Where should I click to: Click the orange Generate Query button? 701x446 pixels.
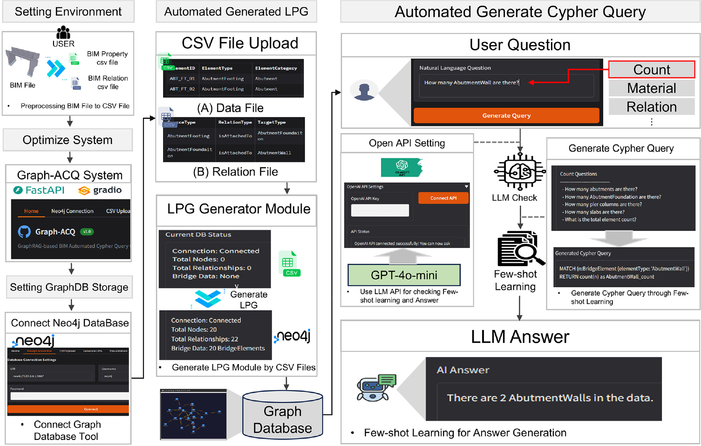[x=506, y=116]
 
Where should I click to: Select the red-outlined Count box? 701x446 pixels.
[x=652, y=70]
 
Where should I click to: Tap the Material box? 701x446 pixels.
[x=652, y=88]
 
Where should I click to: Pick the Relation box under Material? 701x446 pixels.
[x=652, y=107]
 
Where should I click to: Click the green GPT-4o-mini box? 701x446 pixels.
[x=404, y=275]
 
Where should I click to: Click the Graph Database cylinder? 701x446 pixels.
[x=282, y=415]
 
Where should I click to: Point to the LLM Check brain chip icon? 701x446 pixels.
[x=520, y=172]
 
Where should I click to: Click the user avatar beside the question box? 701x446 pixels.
[x=365, y=91]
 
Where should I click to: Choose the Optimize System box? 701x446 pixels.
[x=68, y=140]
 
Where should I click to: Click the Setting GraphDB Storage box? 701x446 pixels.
[x=69, y=287]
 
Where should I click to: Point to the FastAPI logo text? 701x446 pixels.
[x=40, y=190]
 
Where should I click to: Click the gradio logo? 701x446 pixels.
[x=100, y=190]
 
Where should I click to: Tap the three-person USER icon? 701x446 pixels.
[x=63, y=33]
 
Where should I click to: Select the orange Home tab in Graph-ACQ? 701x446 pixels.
[x=31, y=211]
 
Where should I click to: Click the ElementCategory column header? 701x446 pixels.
[x=276, y=68]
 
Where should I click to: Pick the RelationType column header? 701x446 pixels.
[x=235, y=122]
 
